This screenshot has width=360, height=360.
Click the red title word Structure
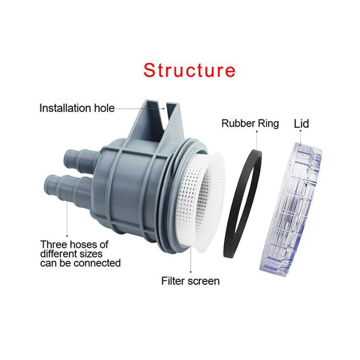click(x=189, y=71)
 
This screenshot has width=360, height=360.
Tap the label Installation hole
click(x=77, y=108)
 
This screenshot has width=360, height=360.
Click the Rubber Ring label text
click(x=250, y=123)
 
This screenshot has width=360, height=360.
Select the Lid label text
click(x=301, y=123)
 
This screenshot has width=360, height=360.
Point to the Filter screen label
click(x=190, y=281)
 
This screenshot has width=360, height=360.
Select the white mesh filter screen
click(x=205, y=198)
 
